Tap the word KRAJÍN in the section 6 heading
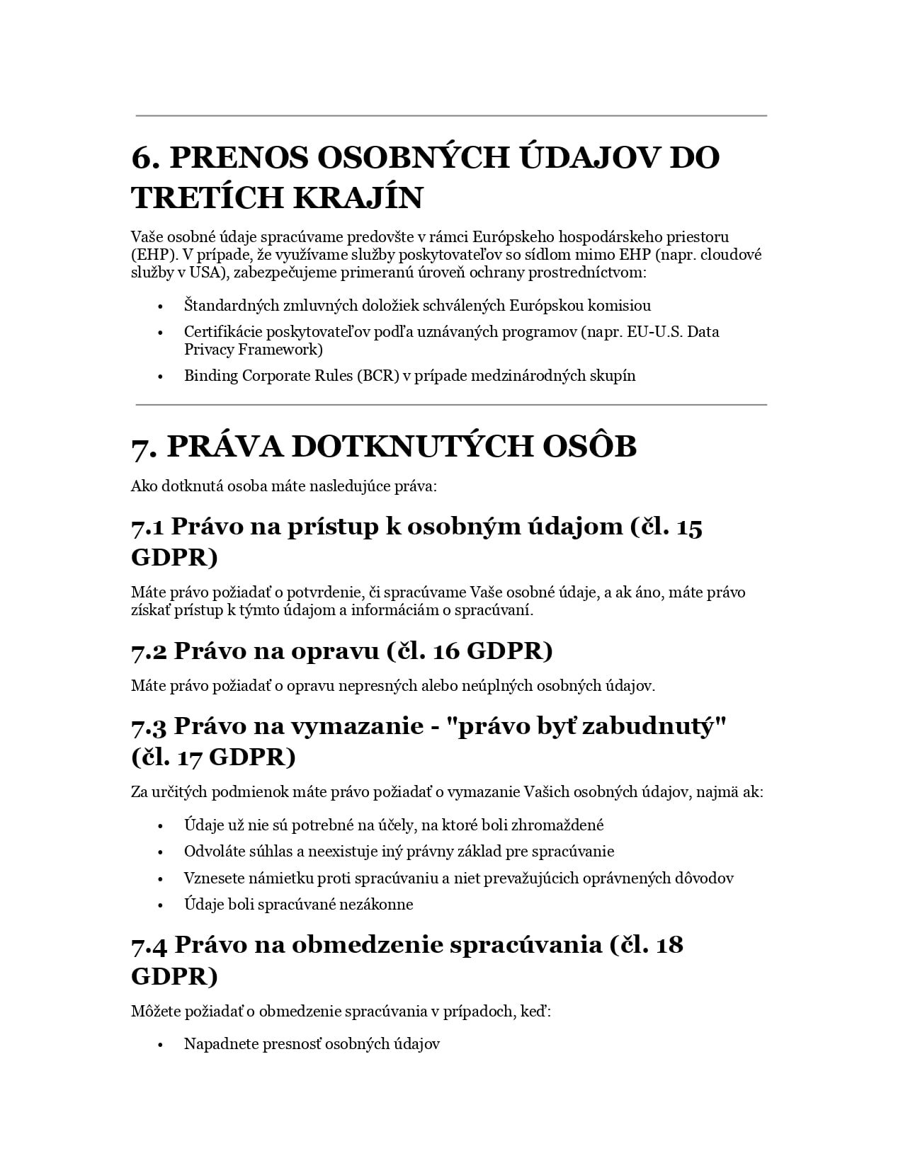tap(358, 197)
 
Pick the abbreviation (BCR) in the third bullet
tap(379, 376)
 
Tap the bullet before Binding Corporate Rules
tap(161, 377)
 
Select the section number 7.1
tap(147, 527)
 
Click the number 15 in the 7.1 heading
tap(689, 527)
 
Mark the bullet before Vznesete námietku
tap(161, 879)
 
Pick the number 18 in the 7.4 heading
tap(669, 945)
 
